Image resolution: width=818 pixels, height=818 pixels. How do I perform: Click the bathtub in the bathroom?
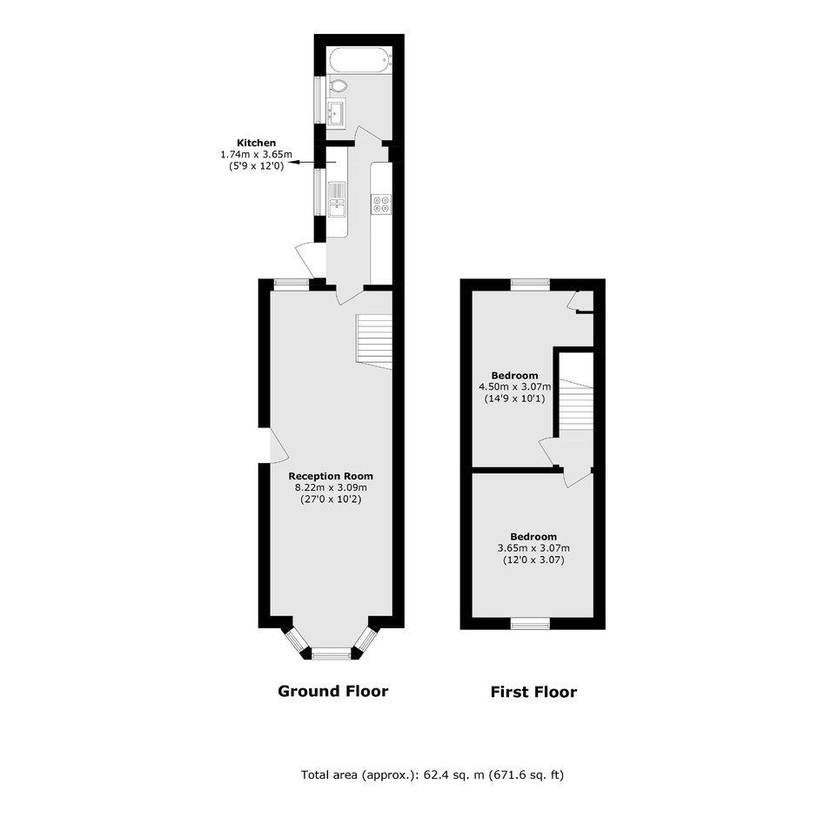(360, 60)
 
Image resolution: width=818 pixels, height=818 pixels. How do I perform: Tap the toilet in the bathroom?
(339, 85)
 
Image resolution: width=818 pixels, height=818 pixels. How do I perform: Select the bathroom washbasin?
(335, 112)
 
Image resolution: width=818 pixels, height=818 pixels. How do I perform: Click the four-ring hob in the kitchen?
(381, 204)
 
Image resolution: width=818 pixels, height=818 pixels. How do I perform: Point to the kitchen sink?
(337, 199)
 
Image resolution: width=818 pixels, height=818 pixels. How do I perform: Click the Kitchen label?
(256, 143)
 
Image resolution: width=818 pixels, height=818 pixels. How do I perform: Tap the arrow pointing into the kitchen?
(312, 163)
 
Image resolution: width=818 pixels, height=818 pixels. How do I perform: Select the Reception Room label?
(331, 476)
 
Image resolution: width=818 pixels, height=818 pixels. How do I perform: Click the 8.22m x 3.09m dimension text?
(331, 488)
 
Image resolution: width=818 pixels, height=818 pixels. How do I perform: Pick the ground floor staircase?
(374, 342)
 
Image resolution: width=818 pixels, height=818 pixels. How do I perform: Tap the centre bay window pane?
(332, 653)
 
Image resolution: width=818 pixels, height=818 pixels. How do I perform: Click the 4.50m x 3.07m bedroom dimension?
(515, 387)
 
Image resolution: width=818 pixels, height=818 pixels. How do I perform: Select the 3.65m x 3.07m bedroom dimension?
(533, 548)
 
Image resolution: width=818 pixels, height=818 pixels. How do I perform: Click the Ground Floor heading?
(332, 691)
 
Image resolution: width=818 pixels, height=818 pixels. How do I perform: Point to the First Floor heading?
(533, 693)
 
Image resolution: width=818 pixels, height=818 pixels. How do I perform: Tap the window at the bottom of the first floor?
(531, 623)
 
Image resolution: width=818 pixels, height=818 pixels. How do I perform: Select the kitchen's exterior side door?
(309, 261)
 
